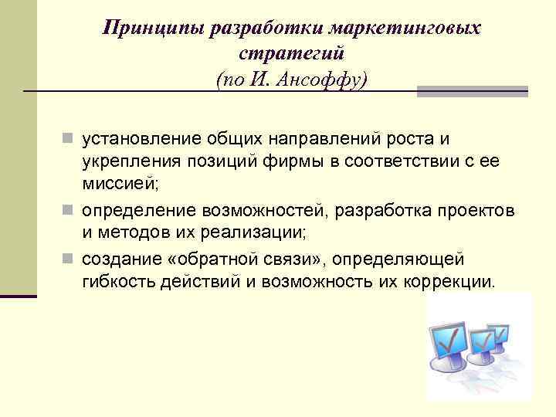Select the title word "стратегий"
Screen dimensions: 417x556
click(x=293, y=54)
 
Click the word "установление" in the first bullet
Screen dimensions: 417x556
click(x=143, y=139)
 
